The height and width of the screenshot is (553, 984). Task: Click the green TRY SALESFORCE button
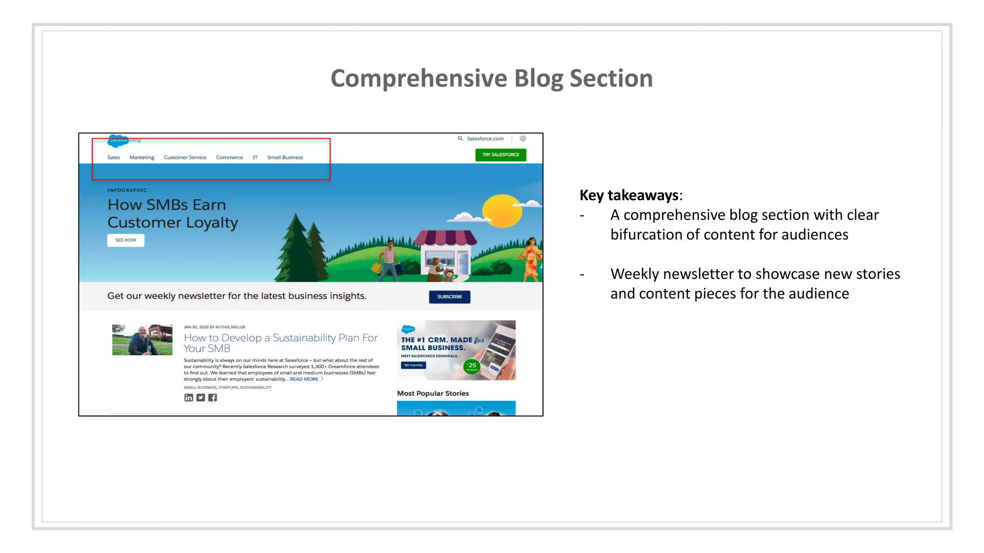[x=501, y=155]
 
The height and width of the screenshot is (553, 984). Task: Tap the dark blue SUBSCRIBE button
[x=449, y=297]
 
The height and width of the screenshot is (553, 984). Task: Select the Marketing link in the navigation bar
[x=142, y=157]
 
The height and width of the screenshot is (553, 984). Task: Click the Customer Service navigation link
[x=185, y=157]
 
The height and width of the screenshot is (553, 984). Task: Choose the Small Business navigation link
[x=285, y=157]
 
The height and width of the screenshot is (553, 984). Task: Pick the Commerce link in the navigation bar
[x=229, y=157]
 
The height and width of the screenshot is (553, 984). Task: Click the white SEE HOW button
[x=125, y=240]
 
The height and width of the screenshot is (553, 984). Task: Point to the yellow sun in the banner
[x=502, y=211]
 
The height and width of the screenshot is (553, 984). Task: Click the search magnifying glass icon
[x=460, y=139]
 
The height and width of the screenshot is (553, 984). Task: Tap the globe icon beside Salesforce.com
[x=523, y=139]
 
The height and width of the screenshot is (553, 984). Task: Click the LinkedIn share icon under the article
[x=189, y=397]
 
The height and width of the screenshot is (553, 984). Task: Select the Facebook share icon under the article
[x=212, y=397]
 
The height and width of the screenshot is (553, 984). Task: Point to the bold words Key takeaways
[x=628, y=195]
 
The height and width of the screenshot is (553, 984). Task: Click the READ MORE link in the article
[x=304, y=379]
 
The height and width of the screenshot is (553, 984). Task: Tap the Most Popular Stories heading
[x=432, y=393]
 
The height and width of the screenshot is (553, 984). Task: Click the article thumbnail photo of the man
[x=142, y=340]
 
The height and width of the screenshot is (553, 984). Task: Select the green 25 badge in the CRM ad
[x=472, y=366]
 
